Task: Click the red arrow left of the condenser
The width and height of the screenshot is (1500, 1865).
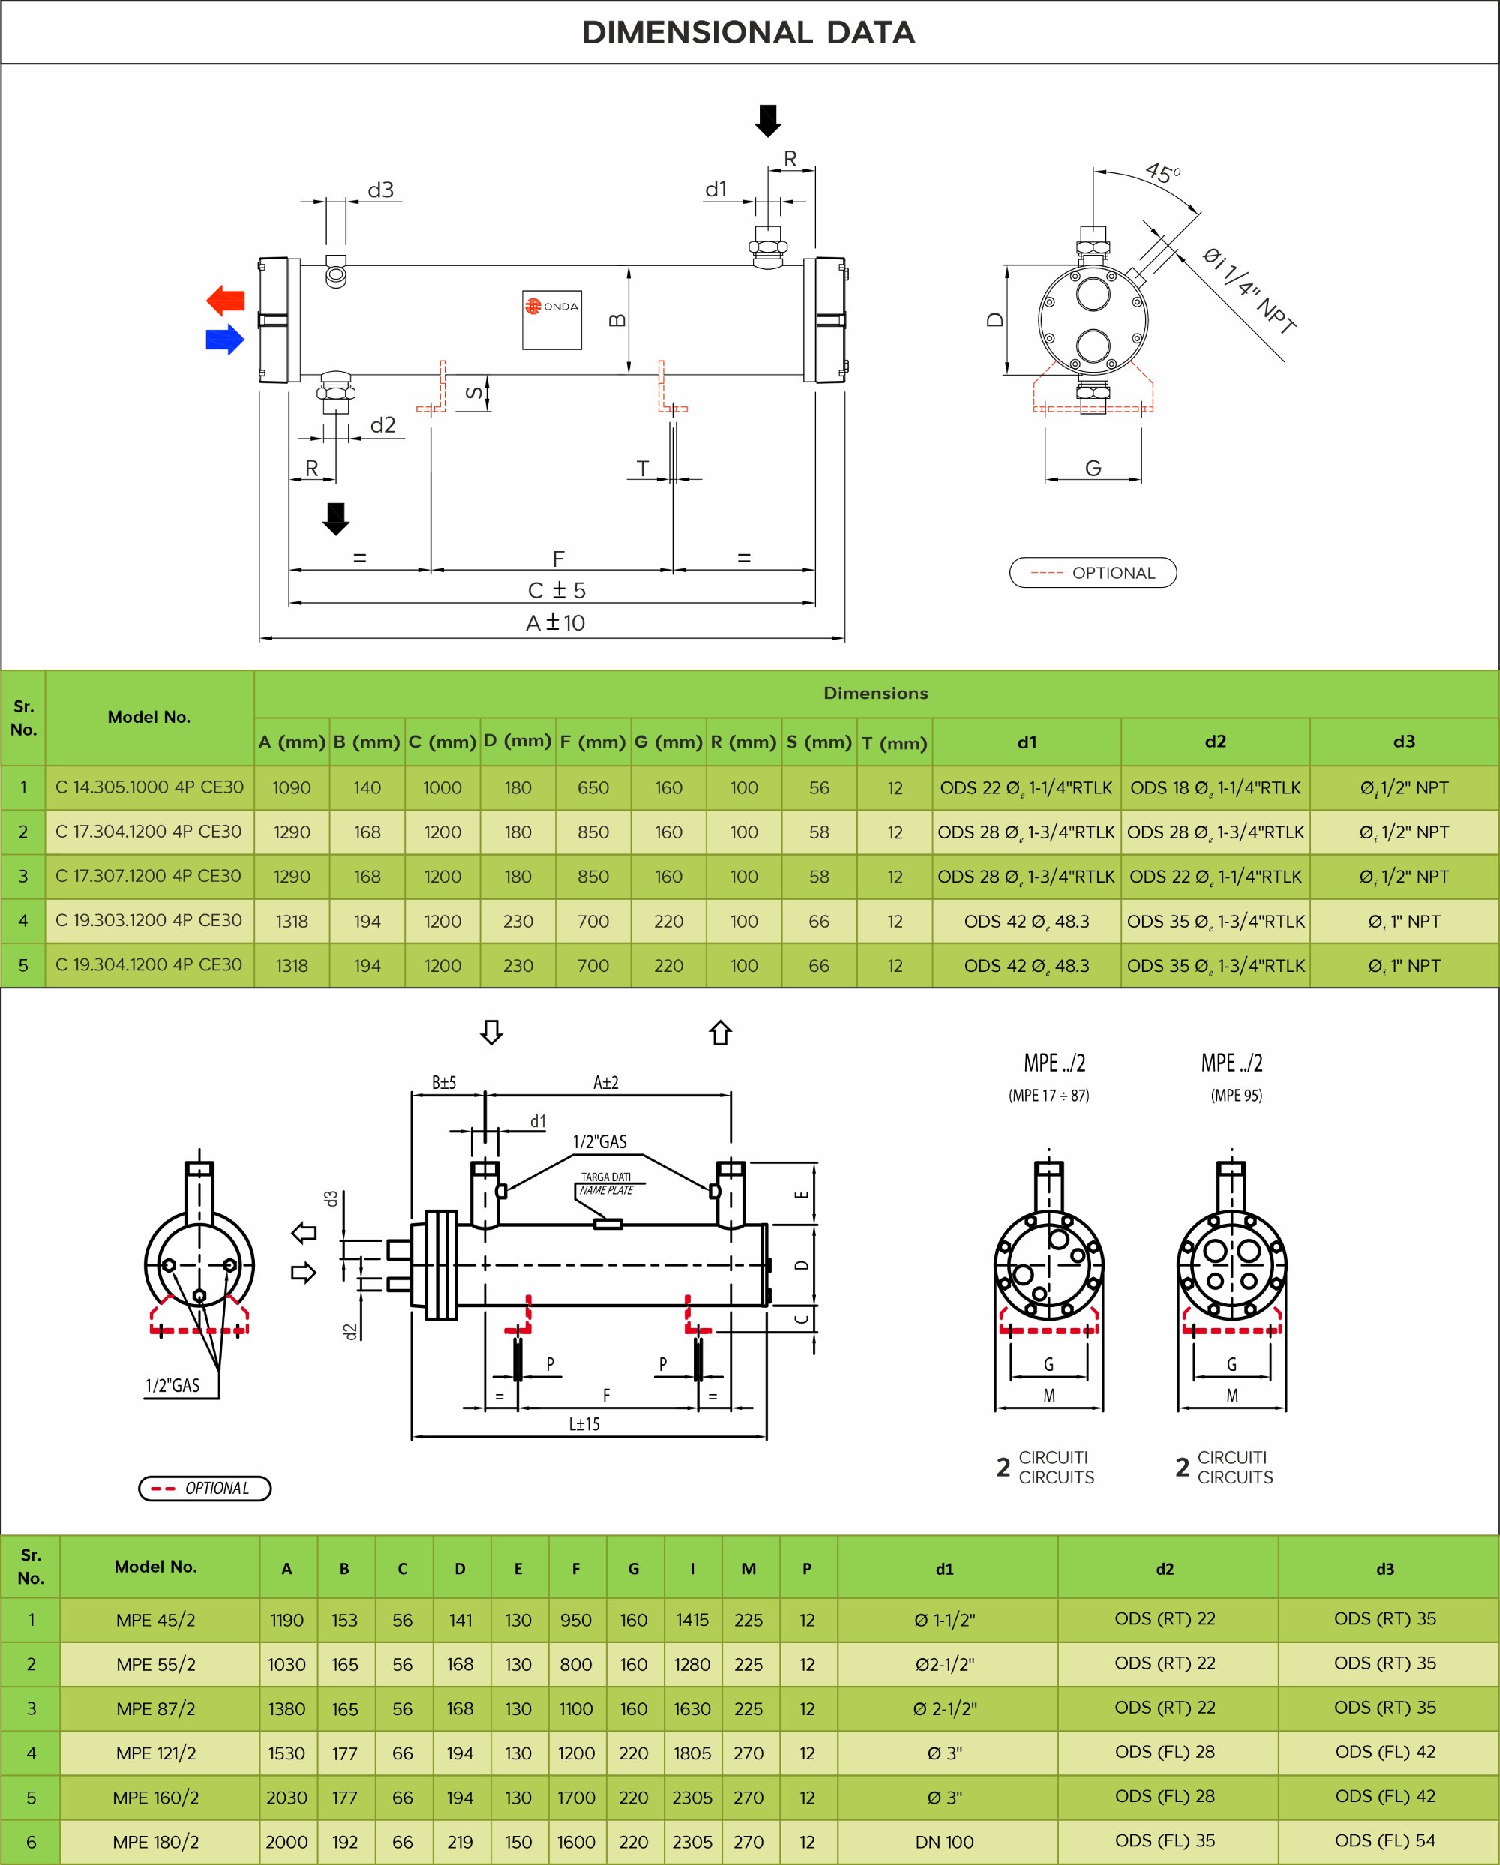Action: click(226, 300)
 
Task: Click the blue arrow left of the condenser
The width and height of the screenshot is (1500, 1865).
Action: click(225, 339)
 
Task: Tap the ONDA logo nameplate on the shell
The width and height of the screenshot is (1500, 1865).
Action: click(552, 319)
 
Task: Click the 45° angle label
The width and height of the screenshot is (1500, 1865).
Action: click(1162, 172)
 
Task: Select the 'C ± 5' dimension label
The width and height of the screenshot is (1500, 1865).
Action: click(556, 590)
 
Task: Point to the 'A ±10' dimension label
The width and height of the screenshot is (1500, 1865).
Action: click(555, 623)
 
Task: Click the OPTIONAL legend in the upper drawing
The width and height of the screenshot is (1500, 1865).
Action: click(1093, 573)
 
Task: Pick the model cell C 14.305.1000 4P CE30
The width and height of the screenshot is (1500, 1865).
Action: click(150, 787)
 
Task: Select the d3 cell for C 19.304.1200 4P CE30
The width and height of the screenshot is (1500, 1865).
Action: click(1403, 965)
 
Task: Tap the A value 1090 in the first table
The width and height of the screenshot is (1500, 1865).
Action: click(292, 788)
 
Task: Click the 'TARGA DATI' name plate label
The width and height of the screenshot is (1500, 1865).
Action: click(605, 1177)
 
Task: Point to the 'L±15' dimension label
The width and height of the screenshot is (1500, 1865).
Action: click(584, 1424)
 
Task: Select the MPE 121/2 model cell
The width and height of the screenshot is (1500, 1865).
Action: click(156, 1753)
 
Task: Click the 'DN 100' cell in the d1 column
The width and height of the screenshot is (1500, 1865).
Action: click(945, 1843)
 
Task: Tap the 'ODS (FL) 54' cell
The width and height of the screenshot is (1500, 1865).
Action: click(1385, 1841)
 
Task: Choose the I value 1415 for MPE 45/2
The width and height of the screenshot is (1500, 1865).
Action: click(692, 1621)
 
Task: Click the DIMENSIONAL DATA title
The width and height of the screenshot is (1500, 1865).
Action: click(748, 33)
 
